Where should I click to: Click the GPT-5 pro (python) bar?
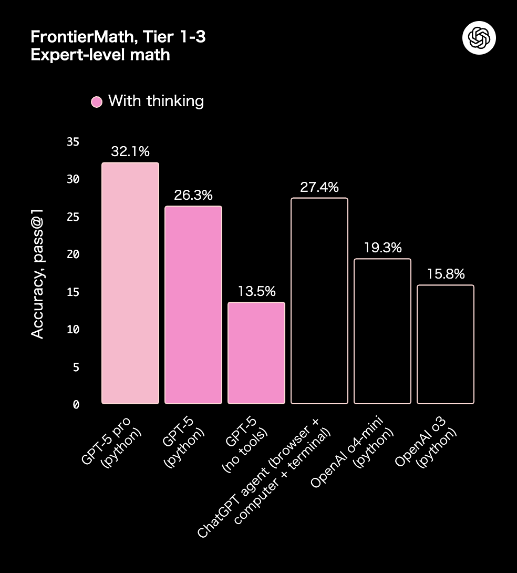[x=130, y=283]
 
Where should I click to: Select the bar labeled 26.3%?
[x=193, y=305]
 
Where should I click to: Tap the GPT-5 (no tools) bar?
[x=256, y=353]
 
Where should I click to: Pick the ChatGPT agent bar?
[x=319, y=301]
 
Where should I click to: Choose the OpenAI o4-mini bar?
[x=382, y=331]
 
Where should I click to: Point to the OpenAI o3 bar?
[x=445, y=344]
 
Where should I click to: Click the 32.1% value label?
[x=130, y=152]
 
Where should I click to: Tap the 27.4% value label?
[x=319, y=187]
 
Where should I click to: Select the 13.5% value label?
[x=256, y=292]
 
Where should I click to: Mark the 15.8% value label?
[x=445, y=274]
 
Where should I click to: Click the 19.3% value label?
[x=382, y=248]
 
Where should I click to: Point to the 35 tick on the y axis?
[x=73, y=142]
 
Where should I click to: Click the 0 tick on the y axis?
[x=76, y=404]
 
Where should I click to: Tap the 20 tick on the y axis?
[x=73, y=254]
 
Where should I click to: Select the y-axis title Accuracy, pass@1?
[x=37, y=273]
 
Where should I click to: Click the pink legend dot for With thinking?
[x=97, y=102]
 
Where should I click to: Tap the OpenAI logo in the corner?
[x=479, y=38]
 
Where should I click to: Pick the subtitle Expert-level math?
[x=100, y=54]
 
